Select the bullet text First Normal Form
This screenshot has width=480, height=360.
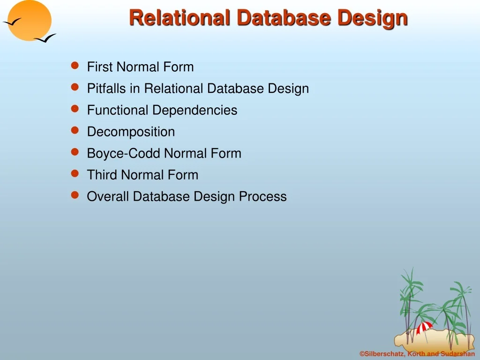[x=140, y=67]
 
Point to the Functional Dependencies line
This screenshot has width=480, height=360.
[x=162, y=110]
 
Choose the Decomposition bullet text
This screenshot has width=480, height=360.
[x=131, y=132]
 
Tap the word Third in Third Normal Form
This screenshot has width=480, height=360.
[x=102, y=175]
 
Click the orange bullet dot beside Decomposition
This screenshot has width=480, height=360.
[x=74, y=131]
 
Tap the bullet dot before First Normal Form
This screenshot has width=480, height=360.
[x=74, y=66]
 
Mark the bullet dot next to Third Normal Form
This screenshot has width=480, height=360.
[x=74, y=174]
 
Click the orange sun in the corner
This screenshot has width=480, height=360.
[x=30, y=20]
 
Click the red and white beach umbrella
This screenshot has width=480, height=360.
[x=425, y=327]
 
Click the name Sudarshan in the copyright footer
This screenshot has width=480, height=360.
[x=457, y=354]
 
